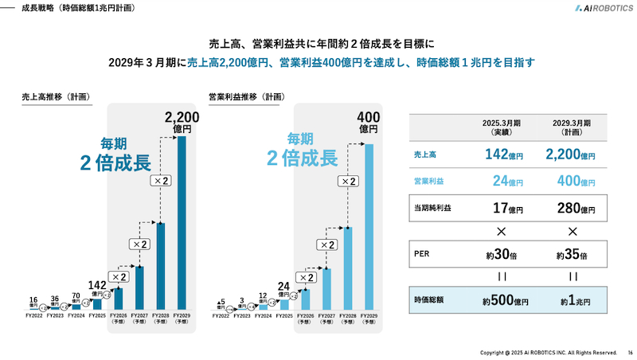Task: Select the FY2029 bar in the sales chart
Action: [182, 223]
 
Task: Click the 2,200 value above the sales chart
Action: [182, 118]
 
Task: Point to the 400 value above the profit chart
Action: [369, 118]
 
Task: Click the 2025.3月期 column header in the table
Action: [502, 128]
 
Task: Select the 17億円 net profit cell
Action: [502, 208]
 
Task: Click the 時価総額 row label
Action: [430, 300]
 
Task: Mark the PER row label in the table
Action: [421, 256]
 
